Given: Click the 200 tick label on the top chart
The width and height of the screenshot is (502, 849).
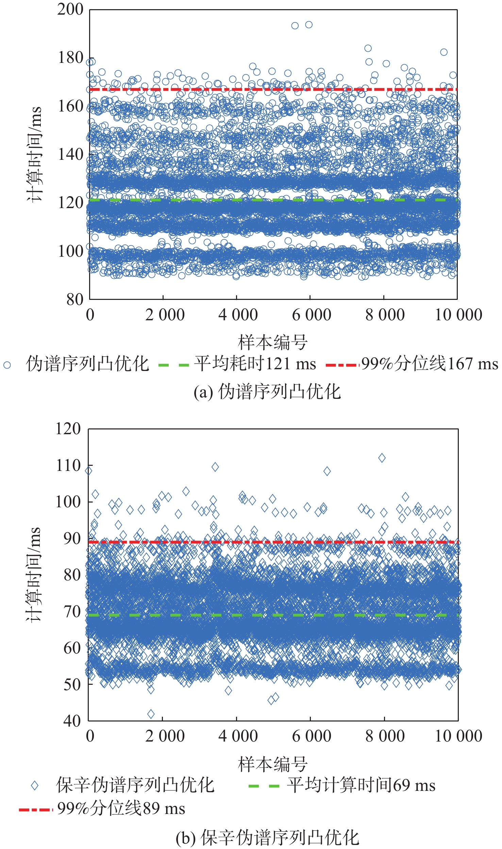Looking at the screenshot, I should pos(70,9).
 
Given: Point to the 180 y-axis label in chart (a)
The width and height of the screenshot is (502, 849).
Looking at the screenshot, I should pos(70,58).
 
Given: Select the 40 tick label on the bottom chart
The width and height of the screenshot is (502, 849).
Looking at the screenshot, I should pos(72,720).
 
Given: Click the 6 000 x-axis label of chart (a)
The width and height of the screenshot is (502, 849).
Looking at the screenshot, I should pos(312,315).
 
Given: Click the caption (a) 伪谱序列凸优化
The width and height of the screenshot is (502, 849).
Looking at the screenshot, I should pos(267,392).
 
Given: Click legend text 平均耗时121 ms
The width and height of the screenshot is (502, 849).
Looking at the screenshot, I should pos(255,364).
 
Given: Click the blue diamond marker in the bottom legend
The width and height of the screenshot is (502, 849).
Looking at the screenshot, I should pos(34,785).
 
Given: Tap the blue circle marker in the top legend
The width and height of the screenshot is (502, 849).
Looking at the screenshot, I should pos(7,365).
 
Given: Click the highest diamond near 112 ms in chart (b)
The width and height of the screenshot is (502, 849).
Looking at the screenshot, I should pos(382,458).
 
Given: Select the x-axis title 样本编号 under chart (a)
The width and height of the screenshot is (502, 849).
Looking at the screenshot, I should pos(273,342).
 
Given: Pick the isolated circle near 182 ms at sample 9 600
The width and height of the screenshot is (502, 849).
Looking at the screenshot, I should pos(444,52).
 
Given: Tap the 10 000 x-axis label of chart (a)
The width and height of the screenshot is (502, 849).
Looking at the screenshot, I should pos(458,315).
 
